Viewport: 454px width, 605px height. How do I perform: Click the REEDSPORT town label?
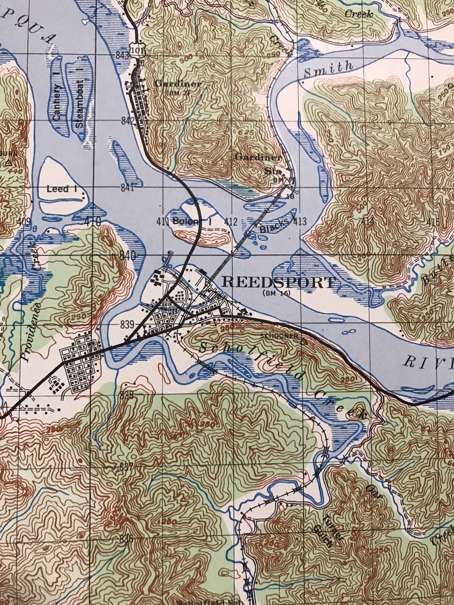(x=278, y=282)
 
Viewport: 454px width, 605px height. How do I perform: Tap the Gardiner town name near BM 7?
(x=178, y=84)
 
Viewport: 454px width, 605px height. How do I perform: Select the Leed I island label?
(x=58, y=189)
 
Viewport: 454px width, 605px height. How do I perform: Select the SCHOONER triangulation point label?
(x=280, y=335)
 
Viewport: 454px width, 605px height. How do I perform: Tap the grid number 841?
(x=128, y=188)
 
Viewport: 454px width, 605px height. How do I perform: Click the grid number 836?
(x=126, y=538)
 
